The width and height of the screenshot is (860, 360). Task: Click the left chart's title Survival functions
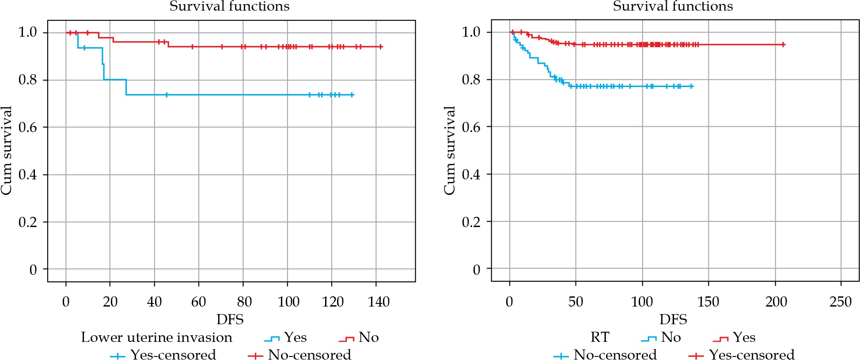[229, 6]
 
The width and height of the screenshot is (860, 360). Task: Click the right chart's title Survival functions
[673, 6]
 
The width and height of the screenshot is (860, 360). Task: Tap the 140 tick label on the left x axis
[379, 302]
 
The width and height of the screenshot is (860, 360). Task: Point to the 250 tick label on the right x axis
[841, 302]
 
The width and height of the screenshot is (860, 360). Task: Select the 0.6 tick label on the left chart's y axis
[28, 127]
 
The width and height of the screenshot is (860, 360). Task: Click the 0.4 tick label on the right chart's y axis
[471, 174]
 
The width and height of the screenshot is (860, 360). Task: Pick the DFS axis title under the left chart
[230, 319]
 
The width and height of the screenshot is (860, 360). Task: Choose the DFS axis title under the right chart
[673, 319]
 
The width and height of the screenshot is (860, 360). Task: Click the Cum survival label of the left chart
[6, 150]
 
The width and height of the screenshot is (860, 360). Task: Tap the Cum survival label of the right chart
[449, 150]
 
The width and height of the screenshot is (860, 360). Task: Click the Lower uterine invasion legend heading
[156, 337]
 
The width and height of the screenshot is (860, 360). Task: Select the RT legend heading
[600, 337]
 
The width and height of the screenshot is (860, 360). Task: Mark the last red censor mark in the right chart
[783, 45]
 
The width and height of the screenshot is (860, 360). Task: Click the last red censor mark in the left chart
[381, 46]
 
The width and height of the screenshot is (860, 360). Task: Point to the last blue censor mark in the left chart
[352, 95]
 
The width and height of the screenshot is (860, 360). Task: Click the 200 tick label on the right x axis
[776, 302]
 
